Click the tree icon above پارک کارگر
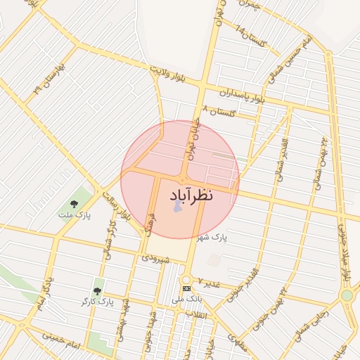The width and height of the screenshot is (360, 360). pyautogui.click(x=97, y=290)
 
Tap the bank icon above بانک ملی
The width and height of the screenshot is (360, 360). pyautogui.click(x=186, y=288)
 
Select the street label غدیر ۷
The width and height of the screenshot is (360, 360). pyautogui.click(x=209, y=283)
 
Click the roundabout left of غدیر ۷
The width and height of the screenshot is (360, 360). pyautogui.click(x=186, y=279)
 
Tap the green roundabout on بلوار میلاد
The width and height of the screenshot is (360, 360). pyautogui.click(x=347, y=296)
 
